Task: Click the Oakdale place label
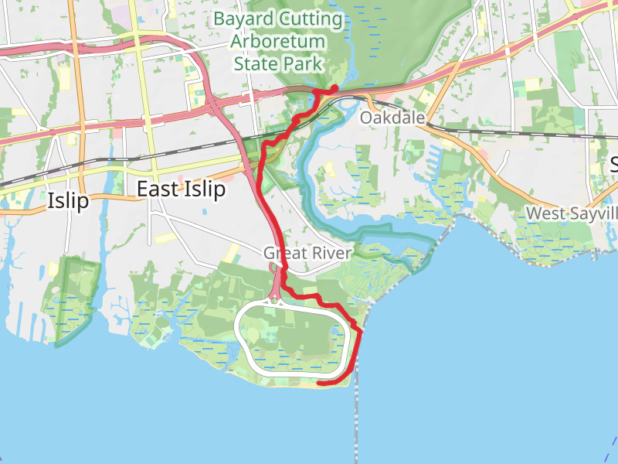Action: click(392, 118)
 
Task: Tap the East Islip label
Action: click(181, 189)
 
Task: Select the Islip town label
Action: click(68, 201)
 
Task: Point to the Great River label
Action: click(307, 253)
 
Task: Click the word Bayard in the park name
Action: click(245, 18)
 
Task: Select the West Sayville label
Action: click(572, 212)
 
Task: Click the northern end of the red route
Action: click(334, 88)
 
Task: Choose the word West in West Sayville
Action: click(545, 212)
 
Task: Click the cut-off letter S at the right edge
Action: click(614, 164)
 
